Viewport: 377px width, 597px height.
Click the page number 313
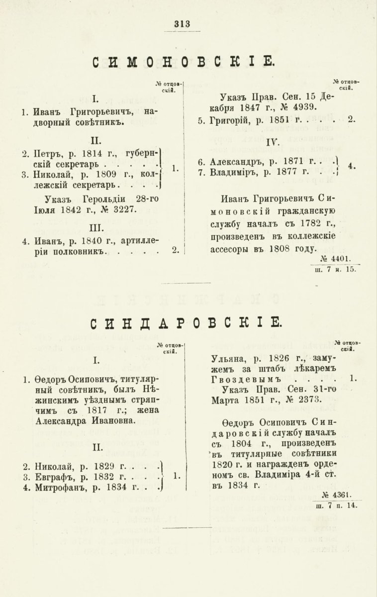pos(183,23)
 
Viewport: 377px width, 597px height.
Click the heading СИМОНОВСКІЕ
pos(183,62)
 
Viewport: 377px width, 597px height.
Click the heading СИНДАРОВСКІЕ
pos(186,323)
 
